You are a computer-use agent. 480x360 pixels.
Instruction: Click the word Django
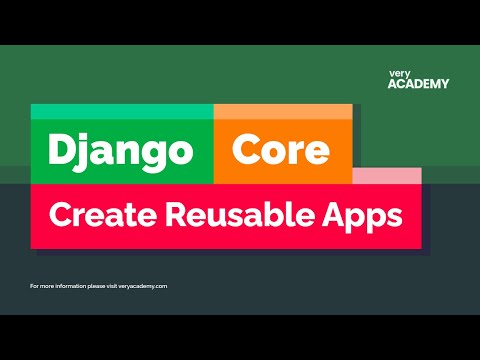point(120,150)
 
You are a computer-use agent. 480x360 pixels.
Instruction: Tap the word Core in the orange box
point(281,150)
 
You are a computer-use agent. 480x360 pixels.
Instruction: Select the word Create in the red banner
point(97,214)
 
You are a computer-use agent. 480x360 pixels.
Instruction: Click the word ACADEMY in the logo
point(418,84)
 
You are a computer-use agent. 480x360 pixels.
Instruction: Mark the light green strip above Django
point(122,111)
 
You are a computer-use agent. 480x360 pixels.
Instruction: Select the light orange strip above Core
point(283,111)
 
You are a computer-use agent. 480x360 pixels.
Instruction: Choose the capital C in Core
point(246,150)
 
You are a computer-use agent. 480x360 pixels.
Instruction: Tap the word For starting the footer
point(35,286)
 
